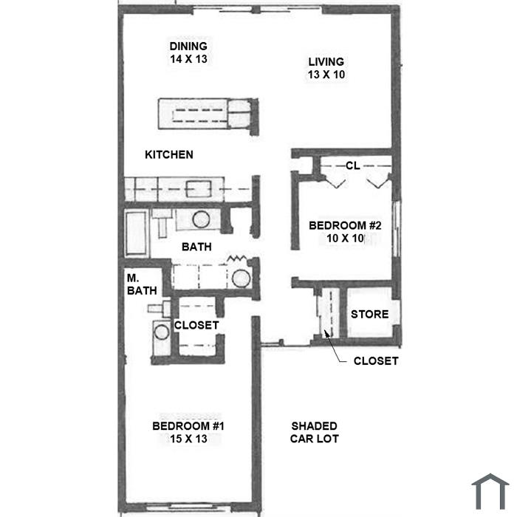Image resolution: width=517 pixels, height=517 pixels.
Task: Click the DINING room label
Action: [188, 46]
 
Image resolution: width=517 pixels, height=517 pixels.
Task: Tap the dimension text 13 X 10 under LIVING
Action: [326, 75]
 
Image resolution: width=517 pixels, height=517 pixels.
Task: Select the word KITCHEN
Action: [168, 154]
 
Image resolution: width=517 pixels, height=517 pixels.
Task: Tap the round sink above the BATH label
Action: [201, 219]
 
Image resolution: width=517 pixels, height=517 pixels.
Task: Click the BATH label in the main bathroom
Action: [197, 247]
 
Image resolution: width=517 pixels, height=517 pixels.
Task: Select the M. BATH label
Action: [137, 285]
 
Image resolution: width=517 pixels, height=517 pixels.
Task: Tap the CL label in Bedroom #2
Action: [352, 166]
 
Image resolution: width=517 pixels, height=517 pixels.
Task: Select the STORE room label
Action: [369, 314]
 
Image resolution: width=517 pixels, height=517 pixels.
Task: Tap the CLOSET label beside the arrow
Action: [376, 361]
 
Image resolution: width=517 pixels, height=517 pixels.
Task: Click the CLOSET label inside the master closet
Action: [196, 325]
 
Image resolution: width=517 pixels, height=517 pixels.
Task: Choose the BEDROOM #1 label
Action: [188, 426]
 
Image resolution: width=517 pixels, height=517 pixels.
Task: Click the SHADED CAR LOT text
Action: [315, 432]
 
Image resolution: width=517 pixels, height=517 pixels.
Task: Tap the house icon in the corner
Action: [490, 490]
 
